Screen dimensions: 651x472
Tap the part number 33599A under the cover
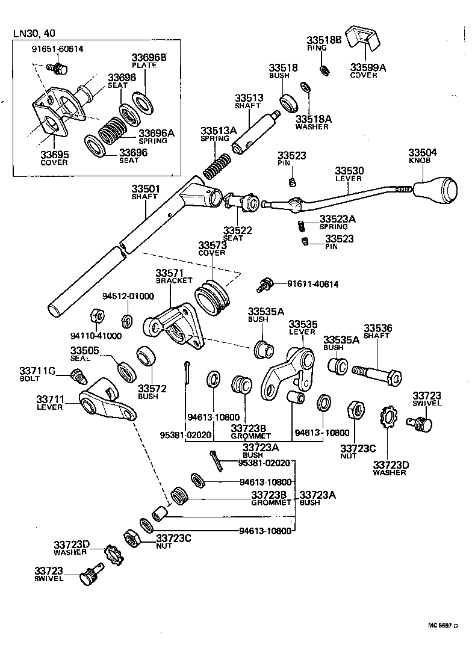pos(368,67)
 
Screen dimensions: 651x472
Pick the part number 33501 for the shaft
pos(145,189)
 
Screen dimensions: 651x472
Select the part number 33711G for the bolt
pos(37,371)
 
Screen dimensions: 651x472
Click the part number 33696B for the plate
pos(149,58)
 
